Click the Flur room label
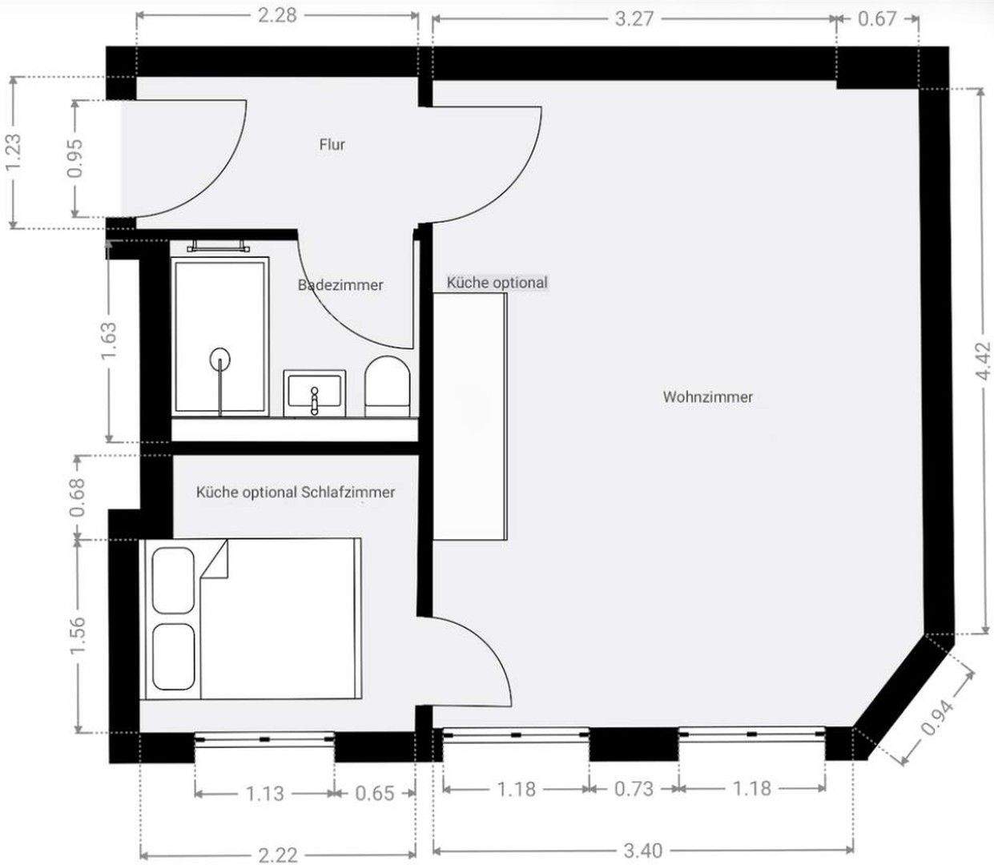point(332,145)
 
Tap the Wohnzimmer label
point(707,396)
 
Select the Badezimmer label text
point(340,285)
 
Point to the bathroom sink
point(315,393)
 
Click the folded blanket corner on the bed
point(215,559)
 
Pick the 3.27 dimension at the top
point(634,18)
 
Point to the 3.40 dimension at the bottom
point(642,850)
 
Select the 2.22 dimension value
point(278,855)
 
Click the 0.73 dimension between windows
point(634,789)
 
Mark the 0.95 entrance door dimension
point(75,159)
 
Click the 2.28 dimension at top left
point(277,15)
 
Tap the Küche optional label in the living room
point(497,283)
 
